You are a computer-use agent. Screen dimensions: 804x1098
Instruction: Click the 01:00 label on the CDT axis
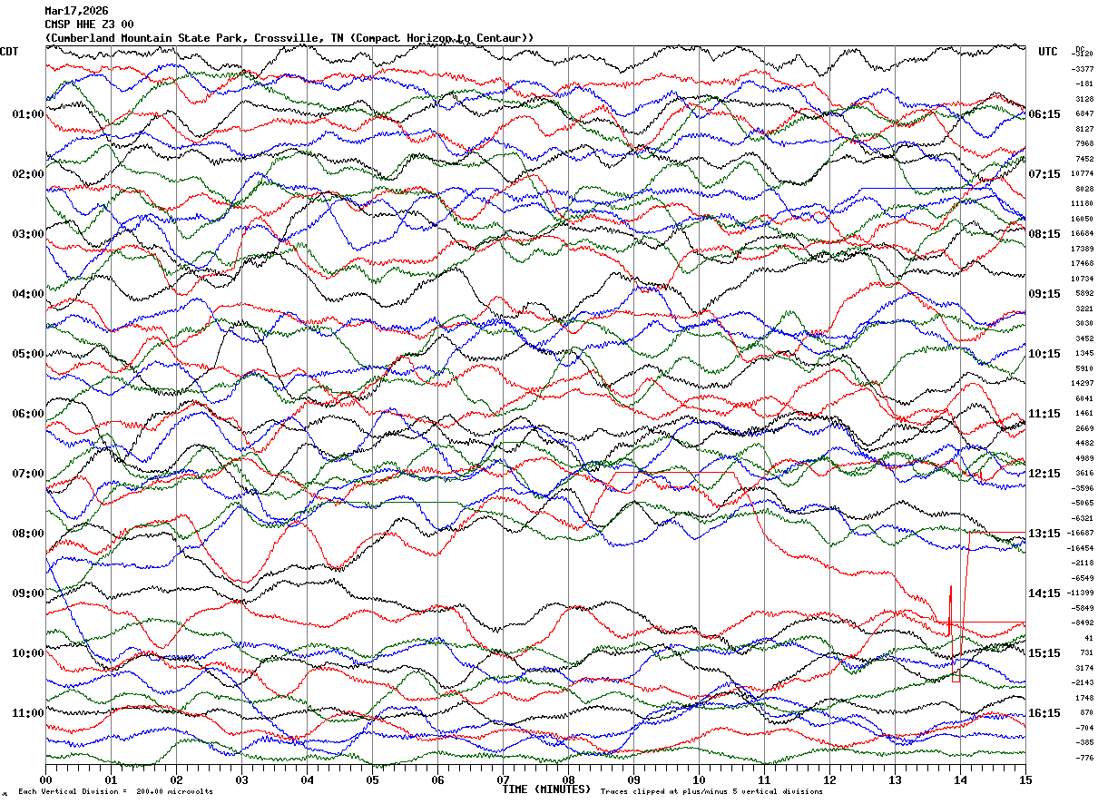(28, 114)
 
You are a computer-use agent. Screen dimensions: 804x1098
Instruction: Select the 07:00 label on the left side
(28, 474)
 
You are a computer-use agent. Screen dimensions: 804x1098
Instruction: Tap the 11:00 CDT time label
(28, 713)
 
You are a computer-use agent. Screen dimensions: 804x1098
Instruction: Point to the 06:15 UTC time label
(1044, 114)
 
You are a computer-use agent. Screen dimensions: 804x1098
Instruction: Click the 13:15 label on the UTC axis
(1044, 534)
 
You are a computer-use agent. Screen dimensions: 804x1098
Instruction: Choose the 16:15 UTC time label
(1044, 713)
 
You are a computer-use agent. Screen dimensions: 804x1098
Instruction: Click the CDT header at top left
(10, 52)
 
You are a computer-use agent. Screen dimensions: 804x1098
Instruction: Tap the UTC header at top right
(1048, 52)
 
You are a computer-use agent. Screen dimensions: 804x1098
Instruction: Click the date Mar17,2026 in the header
(76, 11)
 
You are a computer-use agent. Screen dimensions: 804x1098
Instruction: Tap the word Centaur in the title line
(503, 38)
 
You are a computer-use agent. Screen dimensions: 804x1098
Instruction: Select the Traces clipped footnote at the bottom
(711, 792)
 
